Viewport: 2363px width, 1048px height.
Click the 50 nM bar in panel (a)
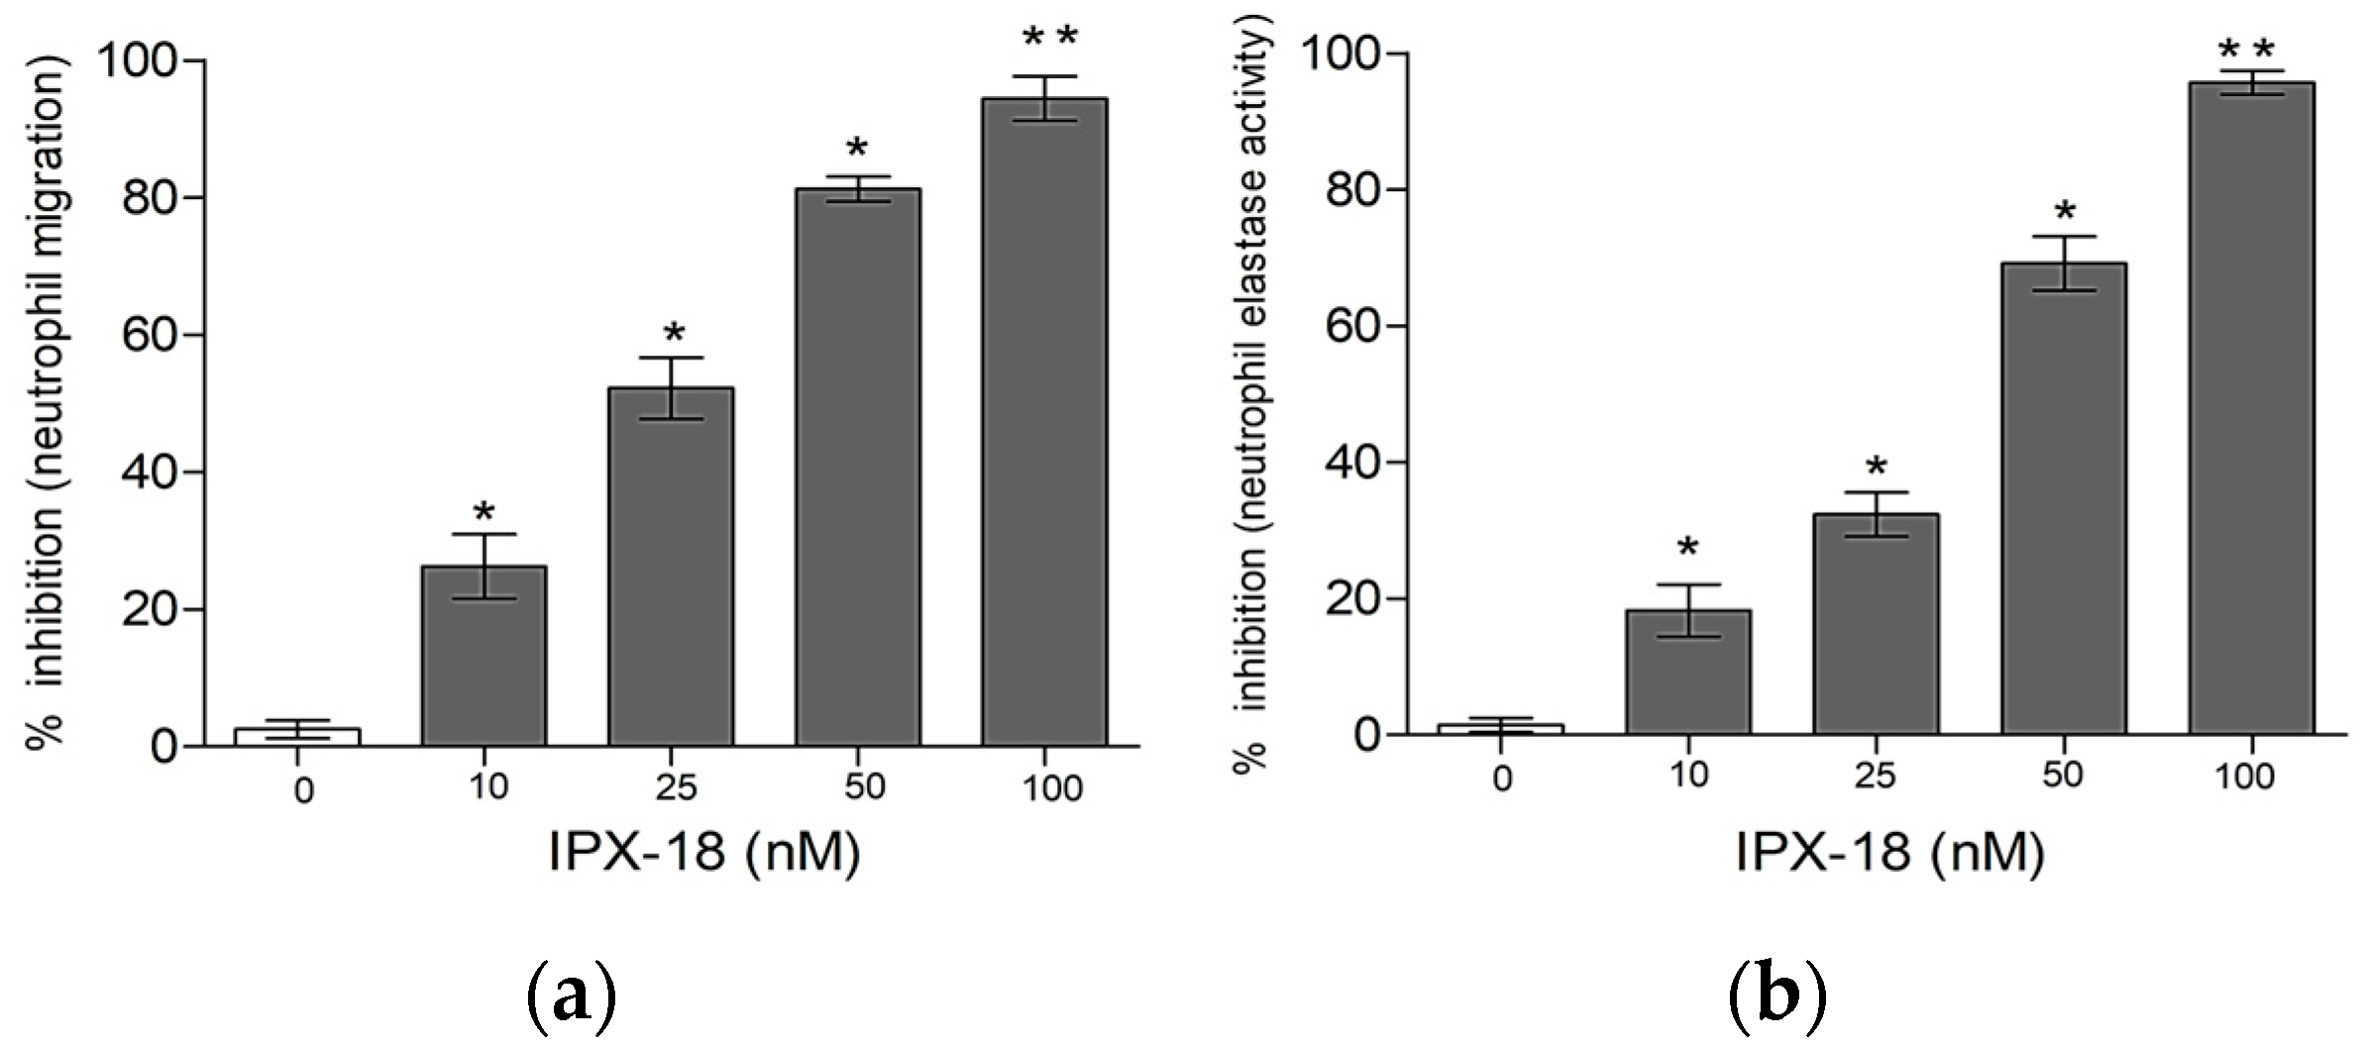pyautogui.click(x=857, y=466)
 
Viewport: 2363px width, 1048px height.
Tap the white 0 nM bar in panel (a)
pyautogui.click(x=297, y=736)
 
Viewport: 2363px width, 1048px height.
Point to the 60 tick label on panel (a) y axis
pyautogui.click(x=149, y=335)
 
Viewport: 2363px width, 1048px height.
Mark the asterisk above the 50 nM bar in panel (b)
pyautogui.click(x=2064, y=211)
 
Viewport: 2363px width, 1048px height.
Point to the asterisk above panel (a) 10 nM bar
pyautogui.click(x=483, y=513)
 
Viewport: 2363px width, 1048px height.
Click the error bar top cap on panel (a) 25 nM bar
pyautogui.click(x=671, y=358)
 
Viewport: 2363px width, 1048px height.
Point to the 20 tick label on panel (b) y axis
pyautogui.click(x=1353, y=598)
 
